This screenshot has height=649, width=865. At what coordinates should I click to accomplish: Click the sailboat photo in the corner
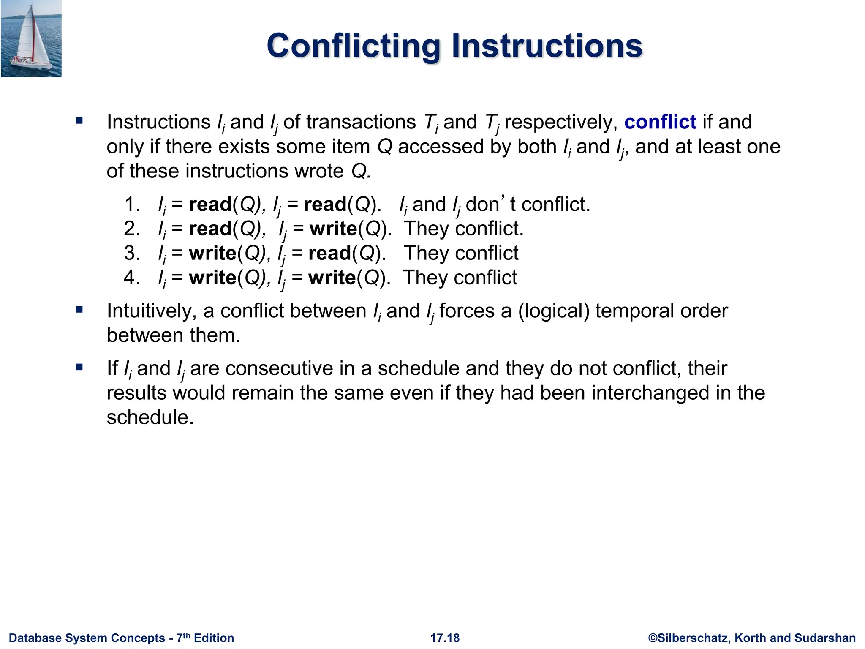coord(31,39)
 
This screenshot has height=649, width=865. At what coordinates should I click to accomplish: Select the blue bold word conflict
coord(660,122)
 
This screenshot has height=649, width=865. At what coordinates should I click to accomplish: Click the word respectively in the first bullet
coord(558,123)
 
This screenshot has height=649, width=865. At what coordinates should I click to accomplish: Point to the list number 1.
coord(131,205)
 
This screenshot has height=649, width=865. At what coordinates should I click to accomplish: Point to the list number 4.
coord(131,278)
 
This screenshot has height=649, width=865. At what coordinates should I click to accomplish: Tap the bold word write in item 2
coord(333,229)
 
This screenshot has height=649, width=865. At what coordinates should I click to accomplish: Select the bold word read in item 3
coord(330,254)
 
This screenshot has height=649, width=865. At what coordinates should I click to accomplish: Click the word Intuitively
coord(152,311)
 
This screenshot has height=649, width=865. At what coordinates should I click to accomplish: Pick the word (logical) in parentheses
coord(553,311)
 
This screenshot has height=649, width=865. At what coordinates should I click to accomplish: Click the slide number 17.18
coord(445,638)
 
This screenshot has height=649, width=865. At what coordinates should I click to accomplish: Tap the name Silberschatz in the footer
coord(693,638)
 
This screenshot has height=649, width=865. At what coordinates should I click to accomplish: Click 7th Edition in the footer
coord(205,638)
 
